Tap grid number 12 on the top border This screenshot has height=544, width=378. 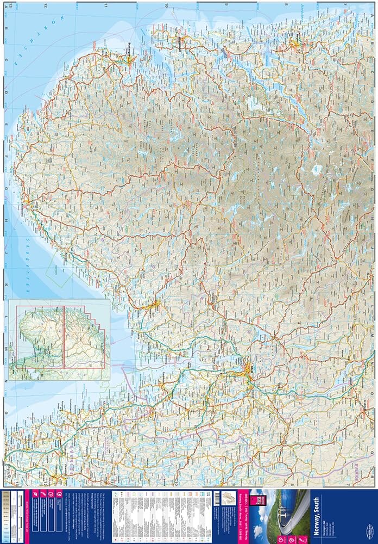click(47, 5)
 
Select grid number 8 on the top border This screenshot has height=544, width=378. click(286, 5)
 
